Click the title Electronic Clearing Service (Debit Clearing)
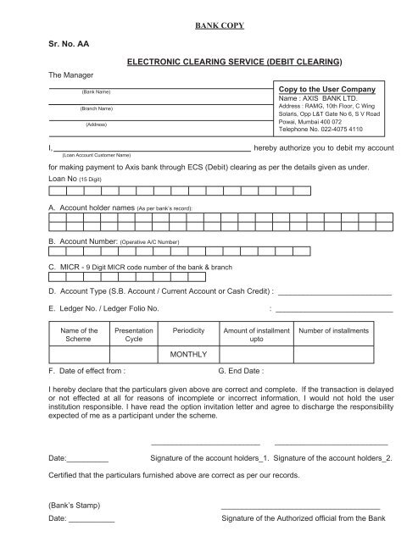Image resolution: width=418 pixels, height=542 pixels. click(234, 63)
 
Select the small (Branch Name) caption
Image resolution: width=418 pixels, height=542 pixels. click(97, 109)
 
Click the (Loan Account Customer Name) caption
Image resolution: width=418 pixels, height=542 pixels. click(95, 155)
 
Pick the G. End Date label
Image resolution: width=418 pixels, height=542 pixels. click(242, 371)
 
